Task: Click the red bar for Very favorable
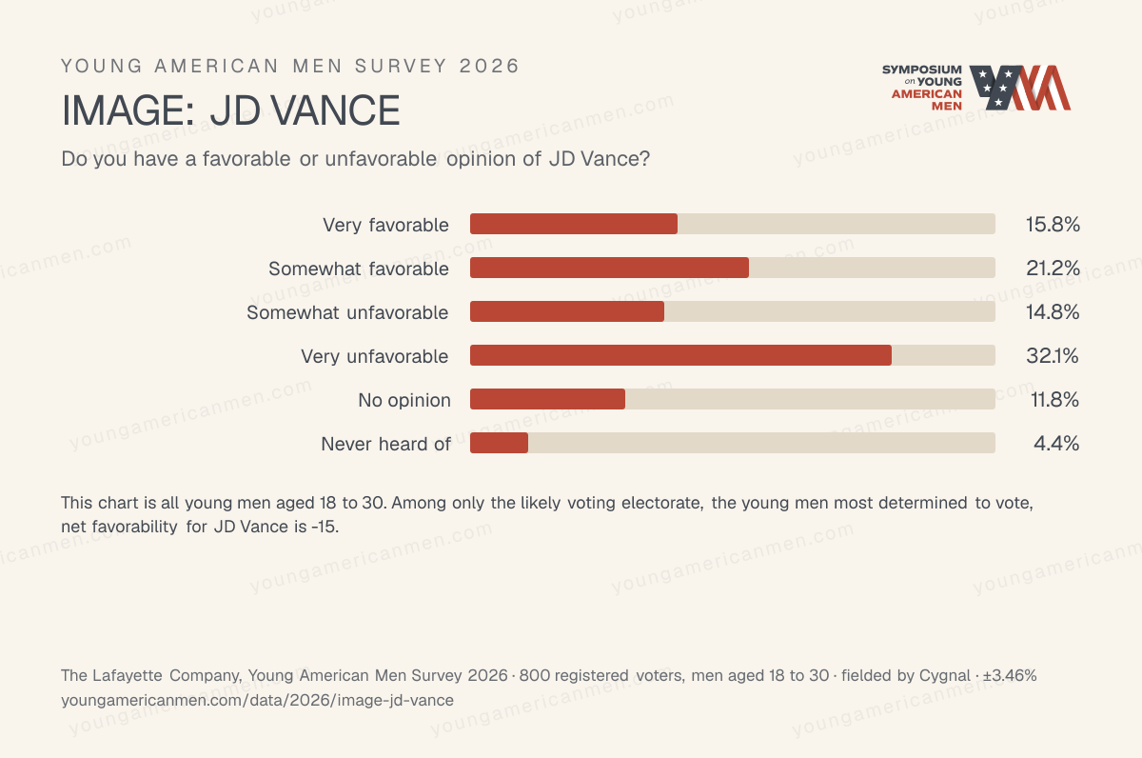tap(574, 224)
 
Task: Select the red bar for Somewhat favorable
tap(609, 268)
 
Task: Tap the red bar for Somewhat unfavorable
tap(567, 311)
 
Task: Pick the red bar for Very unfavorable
tap(680, 355)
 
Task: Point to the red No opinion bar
tap(547, 399)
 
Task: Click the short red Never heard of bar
tap(499, 443)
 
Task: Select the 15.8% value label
tap(1053, 225)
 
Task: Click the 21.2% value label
tap(1053, 269)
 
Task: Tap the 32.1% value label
tap(1053, 356)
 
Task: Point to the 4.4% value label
tap(1056, 444)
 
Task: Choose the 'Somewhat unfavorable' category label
tap(347, 312)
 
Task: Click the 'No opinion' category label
tap(404, 400)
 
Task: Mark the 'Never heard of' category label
tap(386, 444)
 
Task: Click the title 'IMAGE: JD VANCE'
tap(230, 110)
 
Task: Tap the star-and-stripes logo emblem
tap(1019, 88)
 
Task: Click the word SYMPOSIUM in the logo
tap(922, 70)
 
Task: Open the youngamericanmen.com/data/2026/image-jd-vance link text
tap(257, 700)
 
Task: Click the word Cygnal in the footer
tap(945, 676)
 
